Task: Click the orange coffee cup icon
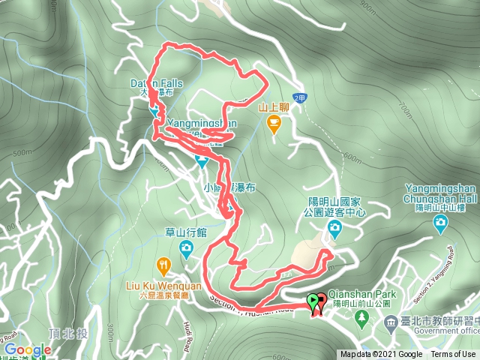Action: point(274,121)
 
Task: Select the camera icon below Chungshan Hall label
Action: point(440,222)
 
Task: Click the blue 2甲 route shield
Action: point(301,98)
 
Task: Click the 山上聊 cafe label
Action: point(274,107)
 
